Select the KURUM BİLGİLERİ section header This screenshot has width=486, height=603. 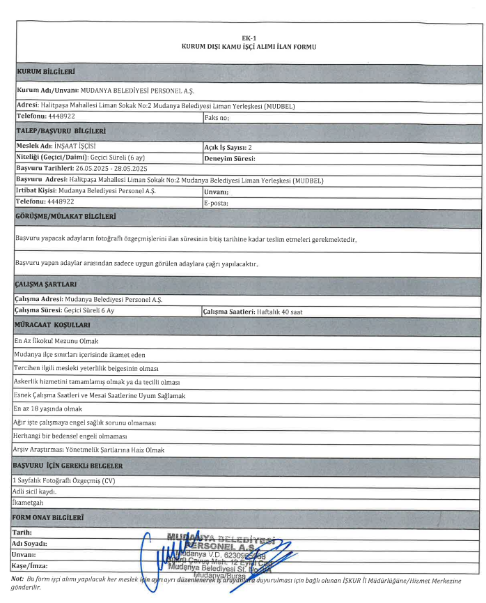45,72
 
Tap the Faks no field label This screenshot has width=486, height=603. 216,119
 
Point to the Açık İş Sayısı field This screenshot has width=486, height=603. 228,147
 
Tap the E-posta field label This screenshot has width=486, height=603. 216,202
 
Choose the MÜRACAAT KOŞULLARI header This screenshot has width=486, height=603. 54,326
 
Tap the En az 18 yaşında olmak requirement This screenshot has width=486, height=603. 48,409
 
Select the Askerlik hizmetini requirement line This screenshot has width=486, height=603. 97,382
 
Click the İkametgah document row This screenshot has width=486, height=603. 29,502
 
